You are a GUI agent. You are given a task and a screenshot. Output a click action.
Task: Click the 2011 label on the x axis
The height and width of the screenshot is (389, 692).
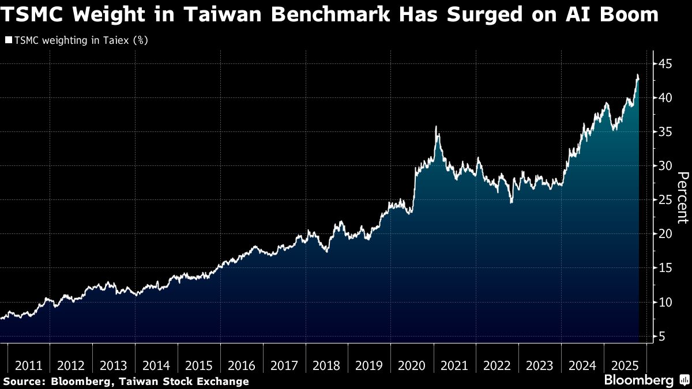click(29, 365)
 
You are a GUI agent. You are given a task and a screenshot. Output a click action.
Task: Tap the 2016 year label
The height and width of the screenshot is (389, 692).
click(242, 365)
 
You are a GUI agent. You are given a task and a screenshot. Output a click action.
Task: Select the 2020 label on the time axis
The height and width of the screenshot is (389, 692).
click(412, 365)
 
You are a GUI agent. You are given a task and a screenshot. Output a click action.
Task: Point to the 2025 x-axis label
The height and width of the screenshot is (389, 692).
click(625, 365)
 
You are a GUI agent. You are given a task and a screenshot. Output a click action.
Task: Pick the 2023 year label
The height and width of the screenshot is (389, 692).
click(539, 365)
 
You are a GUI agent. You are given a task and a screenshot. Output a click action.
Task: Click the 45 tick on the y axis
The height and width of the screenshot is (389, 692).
click(666, 63)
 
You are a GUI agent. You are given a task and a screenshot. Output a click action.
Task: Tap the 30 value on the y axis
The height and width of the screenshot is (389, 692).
click(666, 166)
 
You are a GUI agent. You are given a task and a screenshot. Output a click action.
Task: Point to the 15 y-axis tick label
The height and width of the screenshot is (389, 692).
click(666, 268)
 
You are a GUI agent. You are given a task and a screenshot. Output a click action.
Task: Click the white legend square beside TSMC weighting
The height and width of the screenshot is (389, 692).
click(8, 41)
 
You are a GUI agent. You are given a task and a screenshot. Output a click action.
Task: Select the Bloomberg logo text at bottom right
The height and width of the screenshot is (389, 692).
click(638, 380)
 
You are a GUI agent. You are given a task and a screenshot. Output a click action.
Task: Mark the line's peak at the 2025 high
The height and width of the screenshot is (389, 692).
click(637, 75)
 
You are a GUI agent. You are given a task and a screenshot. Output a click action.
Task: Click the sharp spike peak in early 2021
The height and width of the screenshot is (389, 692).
click(436, 126)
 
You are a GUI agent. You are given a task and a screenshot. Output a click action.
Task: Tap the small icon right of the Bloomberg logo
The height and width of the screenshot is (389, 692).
click(684, 380)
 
